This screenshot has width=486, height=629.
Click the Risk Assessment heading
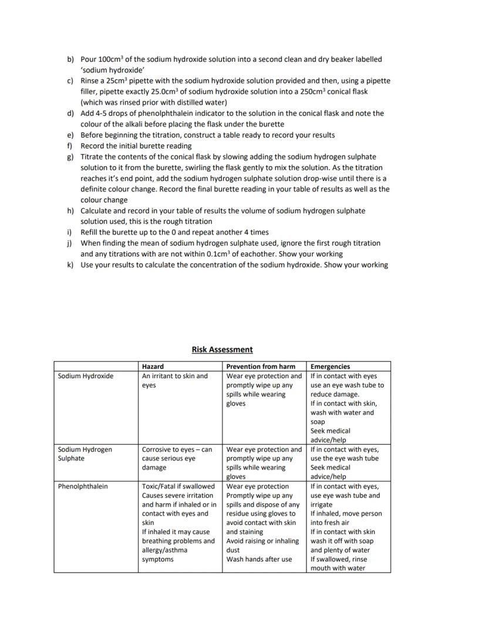click(222, 349)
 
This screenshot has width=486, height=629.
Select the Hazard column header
click(153, 366)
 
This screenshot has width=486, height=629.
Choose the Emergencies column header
click(330, 366)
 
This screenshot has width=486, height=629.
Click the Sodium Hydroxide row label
click(86, 376)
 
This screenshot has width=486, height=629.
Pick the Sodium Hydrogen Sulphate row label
click(85, 454)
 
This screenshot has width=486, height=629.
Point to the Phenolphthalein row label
click(83, 486)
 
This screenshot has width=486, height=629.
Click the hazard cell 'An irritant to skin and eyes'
click(174, 381)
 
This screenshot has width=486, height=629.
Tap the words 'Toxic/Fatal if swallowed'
click(178, 486)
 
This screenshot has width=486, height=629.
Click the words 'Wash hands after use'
click(259, 559)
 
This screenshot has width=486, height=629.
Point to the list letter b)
click(70, 59)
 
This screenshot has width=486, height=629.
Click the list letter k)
click(70, 265)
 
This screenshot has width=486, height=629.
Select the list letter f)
click(70, 146)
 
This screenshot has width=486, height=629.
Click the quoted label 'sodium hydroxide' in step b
click(104, 70)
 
